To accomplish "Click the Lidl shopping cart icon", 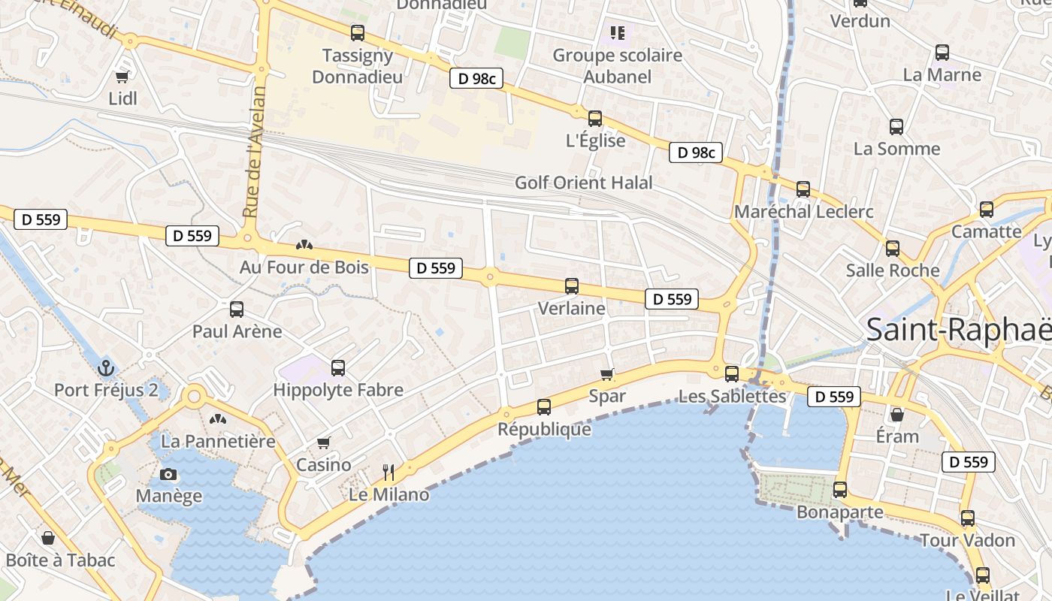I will pyautogui.click(x=122, y=76).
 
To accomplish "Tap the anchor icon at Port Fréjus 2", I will pyautogui.click(x=106, y=368).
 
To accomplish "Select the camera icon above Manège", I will pyautogui.click(x=169, y=474).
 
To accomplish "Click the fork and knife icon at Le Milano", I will pyautogui.click(x=388, y=472).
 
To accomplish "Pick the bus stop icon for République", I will pyautogui.click(x=544, y=407).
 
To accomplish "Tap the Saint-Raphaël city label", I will pyautogui.click(x=958, y=330).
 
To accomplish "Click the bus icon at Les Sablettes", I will pyautogui.click(x=732, y=373).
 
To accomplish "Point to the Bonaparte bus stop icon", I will pyautogui.click(x=840, y=490).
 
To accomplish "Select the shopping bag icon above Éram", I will pyautogui.click(x=897, y=414).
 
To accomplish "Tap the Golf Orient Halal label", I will pyautogui.click(x=584, y=183).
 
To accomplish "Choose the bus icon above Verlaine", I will pyautogui.click(x=572, y=286).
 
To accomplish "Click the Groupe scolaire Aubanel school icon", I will pyautogui.click(x=618, y=32).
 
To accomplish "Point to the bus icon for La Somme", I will pyautogui.click(x=896, y=126).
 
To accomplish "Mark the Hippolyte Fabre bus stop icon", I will pyautogui.click(x=338, y=367).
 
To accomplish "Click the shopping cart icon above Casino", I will pyautogui.click(x=324, y=442).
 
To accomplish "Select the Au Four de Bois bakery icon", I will pyautogui.click(x=304, y=244).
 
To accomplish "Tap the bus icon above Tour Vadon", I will pyautogui.click(x=968, y=518).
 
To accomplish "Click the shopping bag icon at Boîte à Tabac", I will pyautogui.click(x=48, y=538).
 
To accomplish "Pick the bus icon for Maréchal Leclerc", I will pyautogui.click(x=803, y=189).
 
